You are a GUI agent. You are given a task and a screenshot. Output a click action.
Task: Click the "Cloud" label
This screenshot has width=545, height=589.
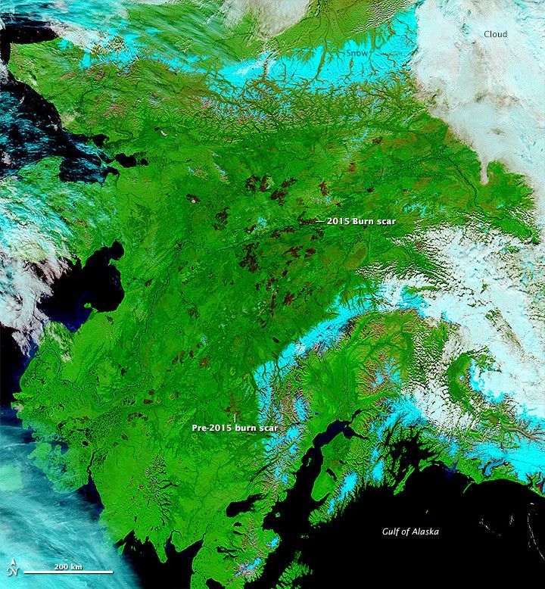point(497,34)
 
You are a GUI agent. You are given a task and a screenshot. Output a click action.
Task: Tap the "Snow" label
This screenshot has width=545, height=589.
point(356,54)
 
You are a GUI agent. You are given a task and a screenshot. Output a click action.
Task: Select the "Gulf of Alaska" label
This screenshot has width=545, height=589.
point(410,531)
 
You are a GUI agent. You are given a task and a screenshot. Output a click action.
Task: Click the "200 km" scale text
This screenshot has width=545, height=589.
point(67,566)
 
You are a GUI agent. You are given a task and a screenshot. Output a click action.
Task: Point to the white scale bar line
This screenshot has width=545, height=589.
point(68,572)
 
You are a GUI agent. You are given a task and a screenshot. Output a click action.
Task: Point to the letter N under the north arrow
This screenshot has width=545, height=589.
point(13,573)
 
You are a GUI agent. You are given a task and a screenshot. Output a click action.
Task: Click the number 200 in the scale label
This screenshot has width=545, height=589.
point(61,566)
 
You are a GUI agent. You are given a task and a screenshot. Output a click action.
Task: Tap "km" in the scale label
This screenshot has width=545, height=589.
point(76,566)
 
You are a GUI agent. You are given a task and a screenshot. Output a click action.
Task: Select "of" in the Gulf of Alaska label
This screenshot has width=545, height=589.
point(406,531)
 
